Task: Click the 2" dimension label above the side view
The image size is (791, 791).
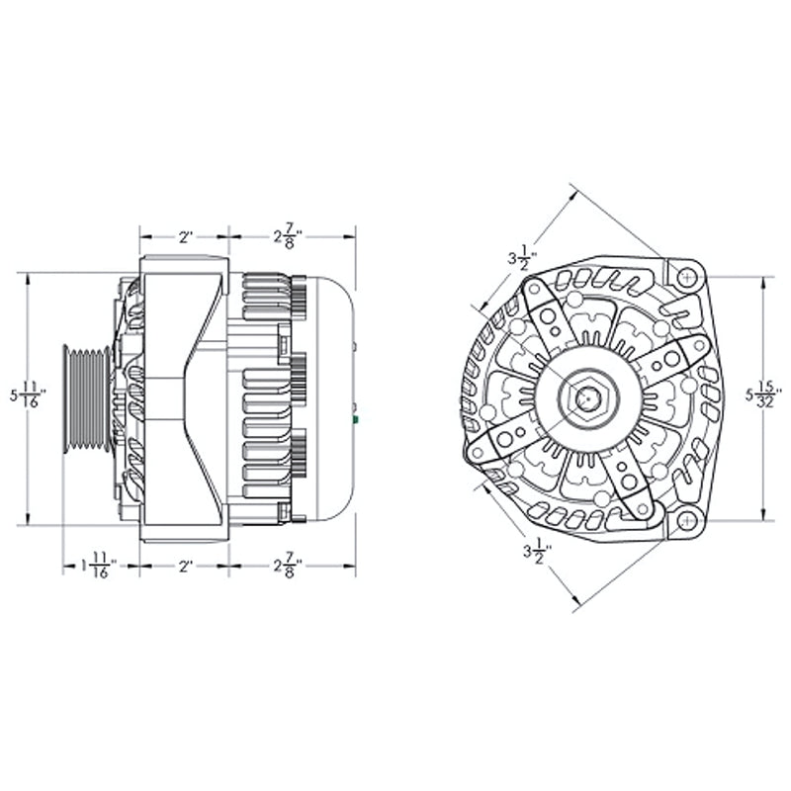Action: [x=185, y=237]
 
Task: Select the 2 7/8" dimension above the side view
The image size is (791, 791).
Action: [x=288, y=236]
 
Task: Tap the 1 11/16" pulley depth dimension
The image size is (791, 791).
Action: [x=98, y=568]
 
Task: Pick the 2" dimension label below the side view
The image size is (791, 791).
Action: [x=185, y=568]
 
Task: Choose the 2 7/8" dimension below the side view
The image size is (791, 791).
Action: [x=288, y=568]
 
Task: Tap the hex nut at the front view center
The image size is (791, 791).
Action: [x=587, y=398]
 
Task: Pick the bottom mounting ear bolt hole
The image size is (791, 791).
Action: [x=687, y=520]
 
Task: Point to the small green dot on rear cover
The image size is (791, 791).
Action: [x=354, y=420]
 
